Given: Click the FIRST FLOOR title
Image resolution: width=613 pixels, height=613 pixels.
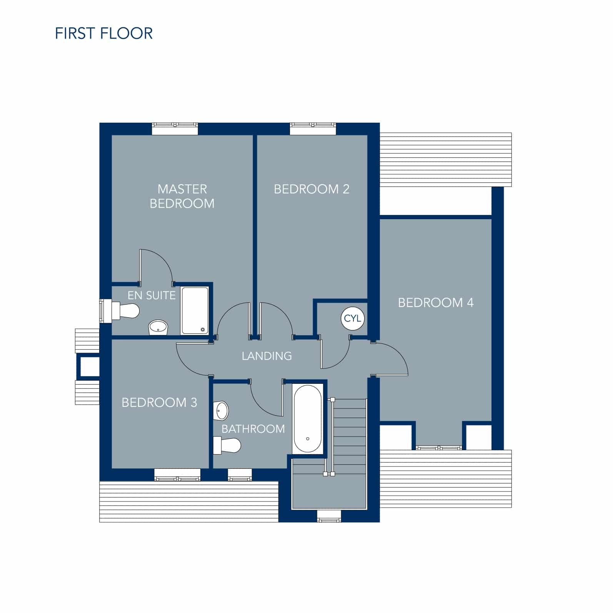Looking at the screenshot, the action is pos(104,33).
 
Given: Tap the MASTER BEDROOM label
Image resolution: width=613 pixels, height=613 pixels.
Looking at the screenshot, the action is pos(182,196).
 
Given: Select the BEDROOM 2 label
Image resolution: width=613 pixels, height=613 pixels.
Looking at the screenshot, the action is pos(311,189).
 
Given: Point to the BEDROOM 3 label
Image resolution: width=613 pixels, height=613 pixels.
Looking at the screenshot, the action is pos(159,403).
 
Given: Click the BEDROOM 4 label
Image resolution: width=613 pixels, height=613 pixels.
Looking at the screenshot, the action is pos(436,303).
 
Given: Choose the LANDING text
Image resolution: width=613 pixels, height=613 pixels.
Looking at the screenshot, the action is pos(267,356).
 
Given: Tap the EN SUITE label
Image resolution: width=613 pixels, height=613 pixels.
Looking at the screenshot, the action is pos(152,295).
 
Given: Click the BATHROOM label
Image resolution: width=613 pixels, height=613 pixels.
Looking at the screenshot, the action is pos(253,429).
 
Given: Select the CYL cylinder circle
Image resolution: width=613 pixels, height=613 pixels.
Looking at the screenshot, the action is pos(352,318).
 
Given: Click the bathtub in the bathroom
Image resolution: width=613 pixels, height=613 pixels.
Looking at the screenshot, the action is pos(308,418).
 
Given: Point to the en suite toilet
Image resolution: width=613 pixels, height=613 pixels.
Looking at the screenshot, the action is pos(125,310).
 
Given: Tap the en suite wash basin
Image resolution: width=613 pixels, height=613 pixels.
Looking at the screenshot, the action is pos(158,328).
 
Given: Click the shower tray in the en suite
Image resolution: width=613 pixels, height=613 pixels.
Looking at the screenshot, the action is pos(195,310).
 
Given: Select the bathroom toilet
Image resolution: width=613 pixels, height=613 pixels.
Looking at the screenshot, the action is pos(227,445).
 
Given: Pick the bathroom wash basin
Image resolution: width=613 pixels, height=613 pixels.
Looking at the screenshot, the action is pos(221,411).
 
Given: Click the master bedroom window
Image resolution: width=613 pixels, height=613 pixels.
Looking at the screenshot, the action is pos(175,129).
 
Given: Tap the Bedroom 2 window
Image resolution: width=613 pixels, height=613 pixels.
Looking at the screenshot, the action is pos(313,129).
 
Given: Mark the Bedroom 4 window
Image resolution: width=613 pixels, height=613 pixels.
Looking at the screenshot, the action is pos(439,448).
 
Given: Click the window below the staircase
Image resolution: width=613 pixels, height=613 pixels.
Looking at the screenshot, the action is pos(329,516).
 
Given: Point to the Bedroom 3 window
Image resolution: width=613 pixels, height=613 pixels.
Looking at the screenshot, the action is pos(177,475).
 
